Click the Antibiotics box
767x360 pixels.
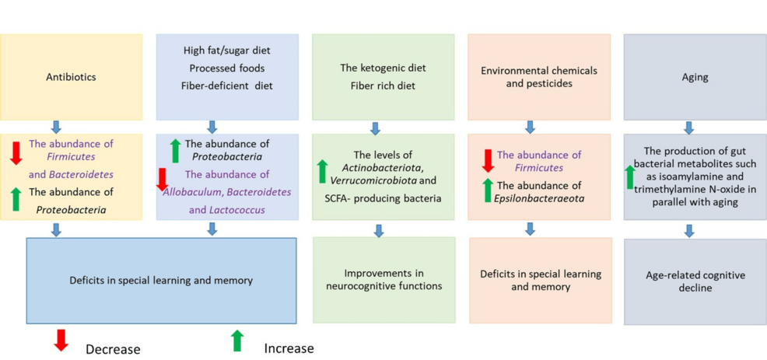coord(72,76)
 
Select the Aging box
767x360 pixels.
coord(695,76)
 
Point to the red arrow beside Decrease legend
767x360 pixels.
coord(61,340)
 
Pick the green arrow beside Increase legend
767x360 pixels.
coord(237,340)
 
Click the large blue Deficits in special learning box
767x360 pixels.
coord(161,280)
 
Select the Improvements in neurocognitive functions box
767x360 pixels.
coord(383,279)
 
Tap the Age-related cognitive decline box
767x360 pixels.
coord(695,281)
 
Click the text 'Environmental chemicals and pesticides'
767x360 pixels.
coord(539,76)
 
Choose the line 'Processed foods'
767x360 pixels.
coord(227,68)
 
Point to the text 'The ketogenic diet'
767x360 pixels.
coord(383,68)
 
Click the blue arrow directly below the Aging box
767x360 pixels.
coord(688,128)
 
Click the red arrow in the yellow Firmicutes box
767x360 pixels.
coord(16,152)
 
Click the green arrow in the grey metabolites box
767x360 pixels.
coord(630,177)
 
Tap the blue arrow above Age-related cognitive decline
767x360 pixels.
coord(688,230)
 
